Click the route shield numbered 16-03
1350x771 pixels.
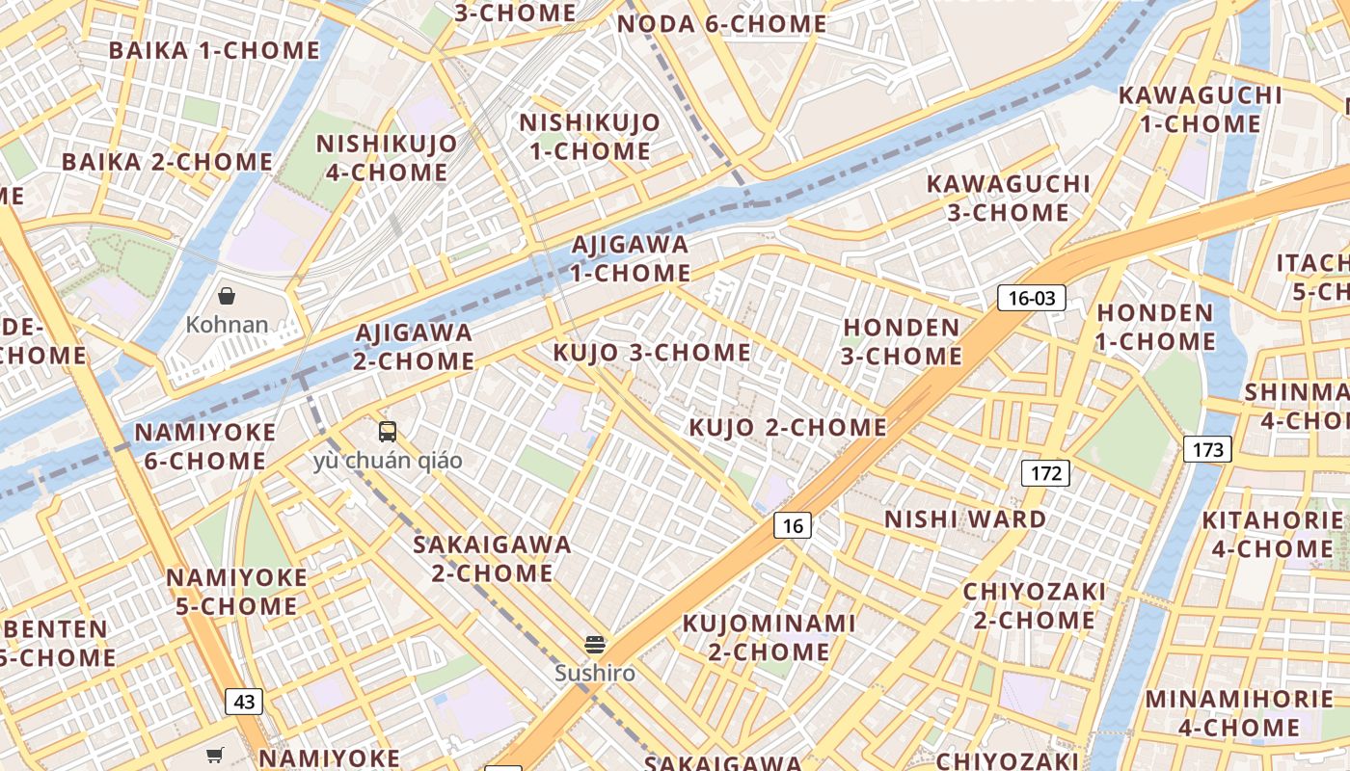tap(1031, 298)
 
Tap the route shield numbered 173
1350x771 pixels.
tap(1206, 449)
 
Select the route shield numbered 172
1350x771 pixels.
tap(1045, 472)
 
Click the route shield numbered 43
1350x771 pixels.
tap(244, 702)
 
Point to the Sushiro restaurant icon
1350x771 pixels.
tap(595, 644)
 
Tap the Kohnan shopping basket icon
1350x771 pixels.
tap(227, 296)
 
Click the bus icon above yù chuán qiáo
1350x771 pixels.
tap(388, 431)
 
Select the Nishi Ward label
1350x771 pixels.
tap(965, 519)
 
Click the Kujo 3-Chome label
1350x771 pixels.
tap(652, 353)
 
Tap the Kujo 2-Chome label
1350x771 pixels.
tap(788, 427)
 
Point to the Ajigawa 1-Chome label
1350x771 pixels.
tap(631, 258)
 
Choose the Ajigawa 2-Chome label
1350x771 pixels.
tap(414, 347)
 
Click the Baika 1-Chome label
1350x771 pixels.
tap(214, 50)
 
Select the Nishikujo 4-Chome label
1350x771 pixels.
tap(387, 158)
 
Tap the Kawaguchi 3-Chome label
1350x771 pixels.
tap(1008, 198)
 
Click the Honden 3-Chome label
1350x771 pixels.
tap(902, 341)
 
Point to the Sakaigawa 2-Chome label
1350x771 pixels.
tap(492, 558)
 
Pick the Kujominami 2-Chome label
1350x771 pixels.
tap(769, 637)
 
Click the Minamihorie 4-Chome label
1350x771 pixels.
tap(1239, 712)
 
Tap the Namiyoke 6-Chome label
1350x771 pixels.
tap(204, 446)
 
